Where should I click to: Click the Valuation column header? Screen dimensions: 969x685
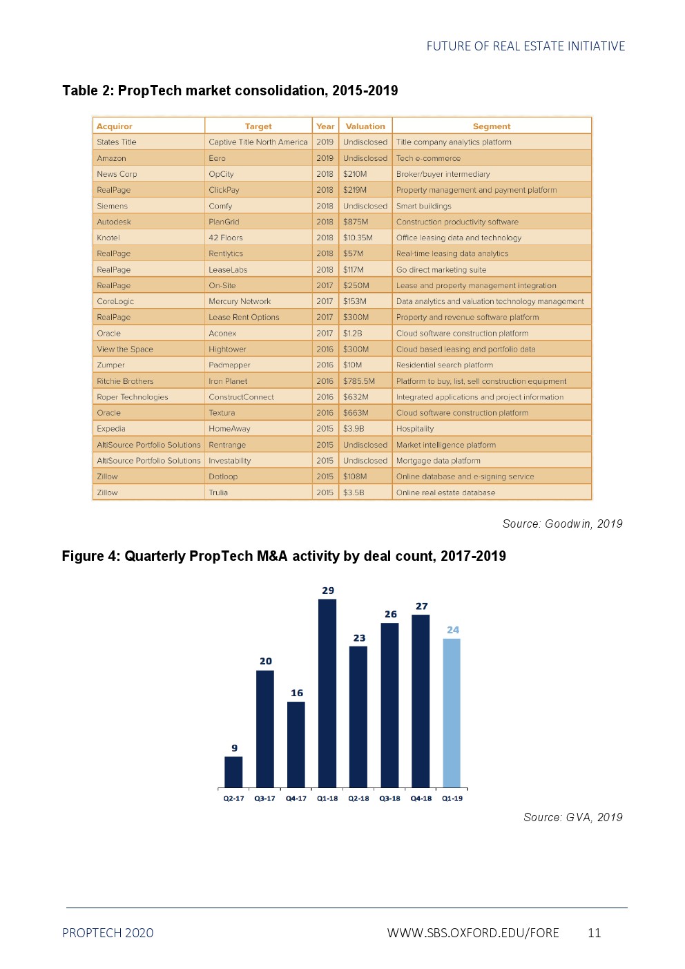click(x=365, y=126)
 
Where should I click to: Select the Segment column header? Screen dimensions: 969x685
click(x=492, y=126)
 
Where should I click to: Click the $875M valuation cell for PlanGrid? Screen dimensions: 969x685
click(x=356, y=222)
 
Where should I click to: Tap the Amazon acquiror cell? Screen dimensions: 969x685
click(x=111, y=158)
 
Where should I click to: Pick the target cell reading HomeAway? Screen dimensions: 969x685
click(x=229, y=429)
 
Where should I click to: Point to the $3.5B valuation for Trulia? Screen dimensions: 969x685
click(x=354, y=492)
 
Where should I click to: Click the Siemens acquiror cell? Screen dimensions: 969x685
click(x=112, y=206)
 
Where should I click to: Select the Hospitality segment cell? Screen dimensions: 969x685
click(x=415, y=429)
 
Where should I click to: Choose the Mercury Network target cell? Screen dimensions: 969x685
click(x=240, y=301)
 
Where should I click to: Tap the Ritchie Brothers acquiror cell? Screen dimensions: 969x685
click(x=125, y=381)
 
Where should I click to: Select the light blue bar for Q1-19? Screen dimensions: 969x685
click(x=452, y=712)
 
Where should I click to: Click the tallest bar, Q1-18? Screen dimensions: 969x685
click(x=327, y=693)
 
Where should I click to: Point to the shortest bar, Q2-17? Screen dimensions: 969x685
click(x=233, y=771)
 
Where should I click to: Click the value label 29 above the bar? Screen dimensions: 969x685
click(x=328, y=591)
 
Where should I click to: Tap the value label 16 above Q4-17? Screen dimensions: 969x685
click(x=297, y=693)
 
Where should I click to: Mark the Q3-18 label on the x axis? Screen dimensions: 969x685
click(x=389, y=798)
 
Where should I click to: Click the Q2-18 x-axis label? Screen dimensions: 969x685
click(x=358, y=798)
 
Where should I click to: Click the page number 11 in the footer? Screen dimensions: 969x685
click(x=594, y=933)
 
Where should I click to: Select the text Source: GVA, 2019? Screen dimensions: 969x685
click(x=572, y=817)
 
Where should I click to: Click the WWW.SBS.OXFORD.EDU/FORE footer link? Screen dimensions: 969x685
click(x=473, y=933)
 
